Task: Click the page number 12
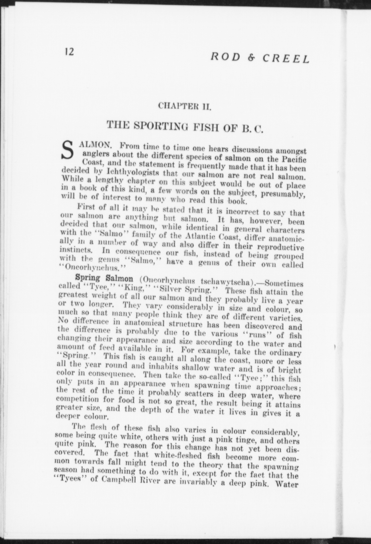69,52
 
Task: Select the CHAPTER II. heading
184,105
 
